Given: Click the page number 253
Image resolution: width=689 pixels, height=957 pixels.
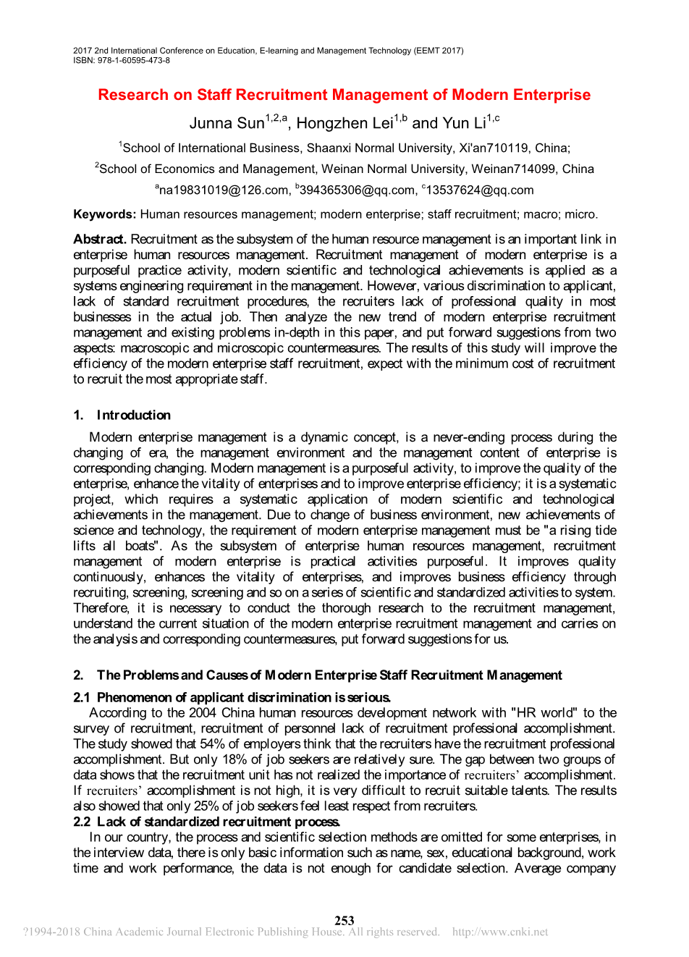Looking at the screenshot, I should pyautogui.click(x=344, y=920).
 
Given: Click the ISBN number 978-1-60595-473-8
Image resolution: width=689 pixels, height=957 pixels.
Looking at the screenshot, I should pyautogui.click(x=131, y=61).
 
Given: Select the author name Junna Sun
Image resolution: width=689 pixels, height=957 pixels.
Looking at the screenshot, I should pyautogui.click(x=227, y=123).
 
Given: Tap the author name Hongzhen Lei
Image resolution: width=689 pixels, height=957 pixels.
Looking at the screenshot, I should pyautogui.click(x=344, y=123).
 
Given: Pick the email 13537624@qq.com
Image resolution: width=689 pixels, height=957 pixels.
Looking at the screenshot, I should pyautogui.click(x=480, y=190).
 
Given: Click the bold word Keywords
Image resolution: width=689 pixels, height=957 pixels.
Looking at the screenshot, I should pyautogui.click(x=104, y=214).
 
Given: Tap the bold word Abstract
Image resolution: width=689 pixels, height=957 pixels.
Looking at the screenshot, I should pyautogui.click(x=100, y=239).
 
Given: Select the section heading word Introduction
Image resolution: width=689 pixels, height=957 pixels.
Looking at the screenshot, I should pyautogui.click(x=134, y=415).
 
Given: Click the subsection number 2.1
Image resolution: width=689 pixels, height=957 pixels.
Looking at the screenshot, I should pyautogui.click(x=81, y=697).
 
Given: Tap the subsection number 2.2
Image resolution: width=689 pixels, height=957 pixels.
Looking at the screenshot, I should pyautogui.click(x=81, y=822).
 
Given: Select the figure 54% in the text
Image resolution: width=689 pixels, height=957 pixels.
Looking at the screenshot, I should pyautogui.click(x=213, y=744).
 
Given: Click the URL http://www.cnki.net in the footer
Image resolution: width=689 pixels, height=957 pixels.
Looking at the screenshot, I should pyautogui.click(x=500, y=932).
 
